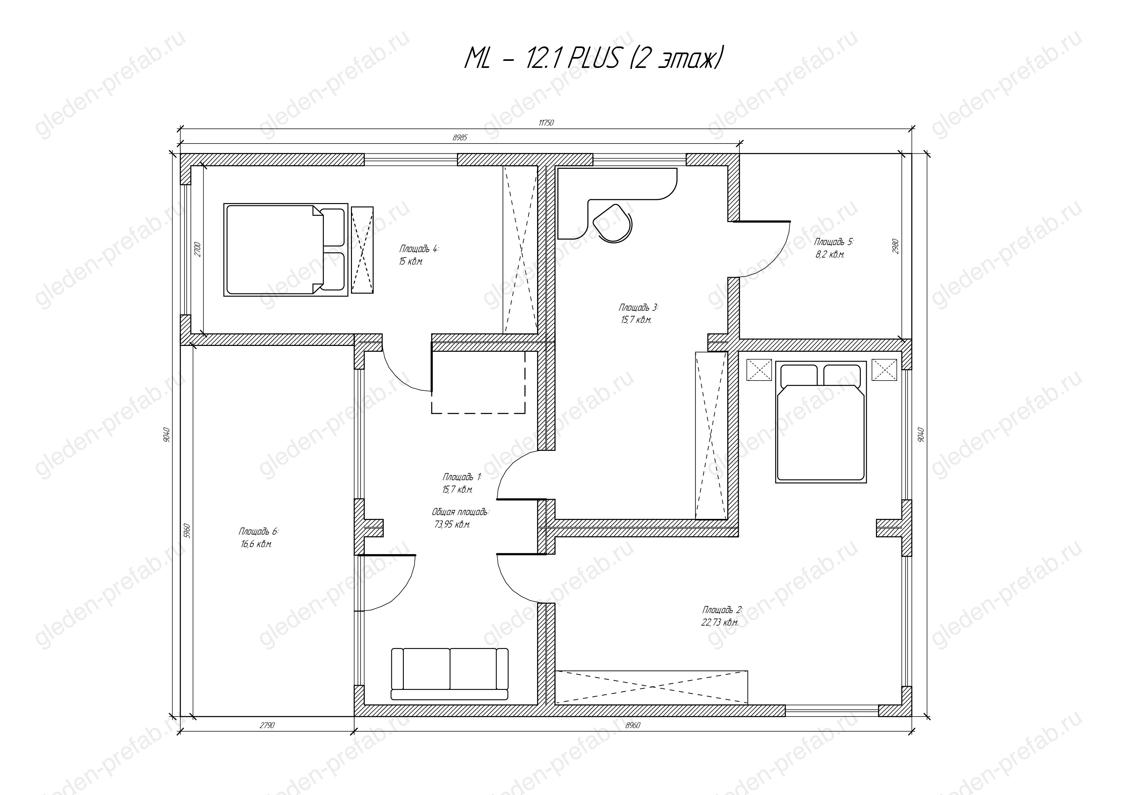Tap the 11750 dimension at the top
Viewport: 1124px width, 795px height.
click(546, 123)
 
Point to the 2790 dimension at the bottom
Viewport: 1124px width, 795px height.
click(267, 725)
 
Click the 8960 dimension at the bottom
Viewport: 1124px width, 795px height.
click(633, 725)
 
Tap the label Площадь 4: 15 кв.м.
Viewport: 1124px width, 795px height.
click(419, 255)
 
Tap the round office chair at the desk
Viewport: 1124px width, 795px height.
click(612, 222)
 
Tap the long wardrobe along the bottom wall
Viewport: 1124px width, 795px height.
click(652, 687)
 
